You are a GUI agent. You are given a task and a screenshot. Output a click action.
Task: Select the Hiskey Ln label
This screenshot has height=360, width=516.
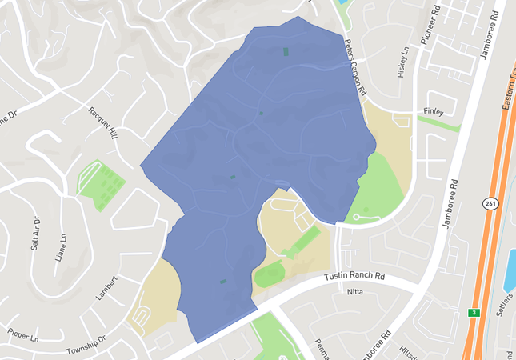tap(403, 62)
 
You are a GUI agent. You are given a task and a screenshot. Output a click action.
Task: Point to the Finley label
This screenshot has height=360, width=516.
tap(433, 112)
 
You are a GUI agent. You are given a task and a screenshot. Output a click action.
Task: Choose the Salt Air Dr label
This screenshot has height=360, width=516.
tap(35, 233)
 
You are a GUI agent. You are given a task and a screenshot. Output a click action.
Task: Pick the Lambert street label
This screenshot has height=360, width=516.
tap(106, 288)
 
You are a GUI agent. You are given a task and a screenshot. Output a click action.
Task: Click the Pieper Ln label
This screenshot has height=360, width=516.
tap(23, 334)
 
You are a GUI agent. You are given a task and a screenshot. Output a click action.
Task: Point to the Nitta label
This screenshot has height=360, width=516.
tap(355, 292)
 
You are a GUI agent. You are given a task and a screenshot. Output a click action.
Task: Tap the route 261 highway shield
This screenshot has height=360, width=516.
tap(490, 203)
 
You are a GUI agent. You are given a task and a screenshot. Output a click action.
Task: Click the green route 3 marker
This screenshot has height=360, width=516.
tap(474, 313)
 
